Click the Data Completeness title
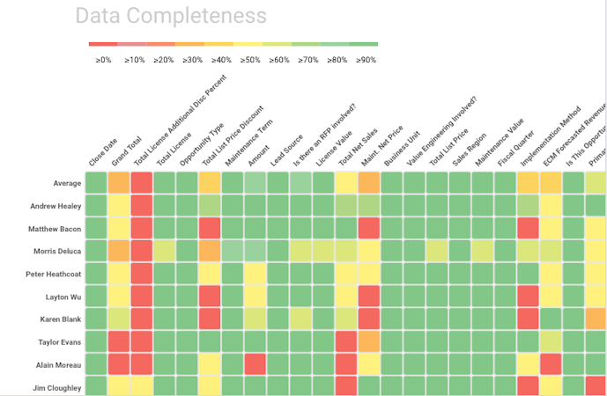click(170, 17)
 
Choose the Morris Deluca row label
click(57, 251)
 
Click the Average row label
click(67, 183)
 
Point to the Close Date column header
click(103, 150)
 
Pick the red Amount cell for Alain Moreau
click(255, 363)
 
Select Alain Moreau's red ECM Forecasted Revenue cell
click(551, 363)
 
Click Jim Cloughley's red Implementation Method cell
click(528, 385)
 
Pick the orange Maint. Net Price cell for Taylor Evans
click(369, 341)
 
